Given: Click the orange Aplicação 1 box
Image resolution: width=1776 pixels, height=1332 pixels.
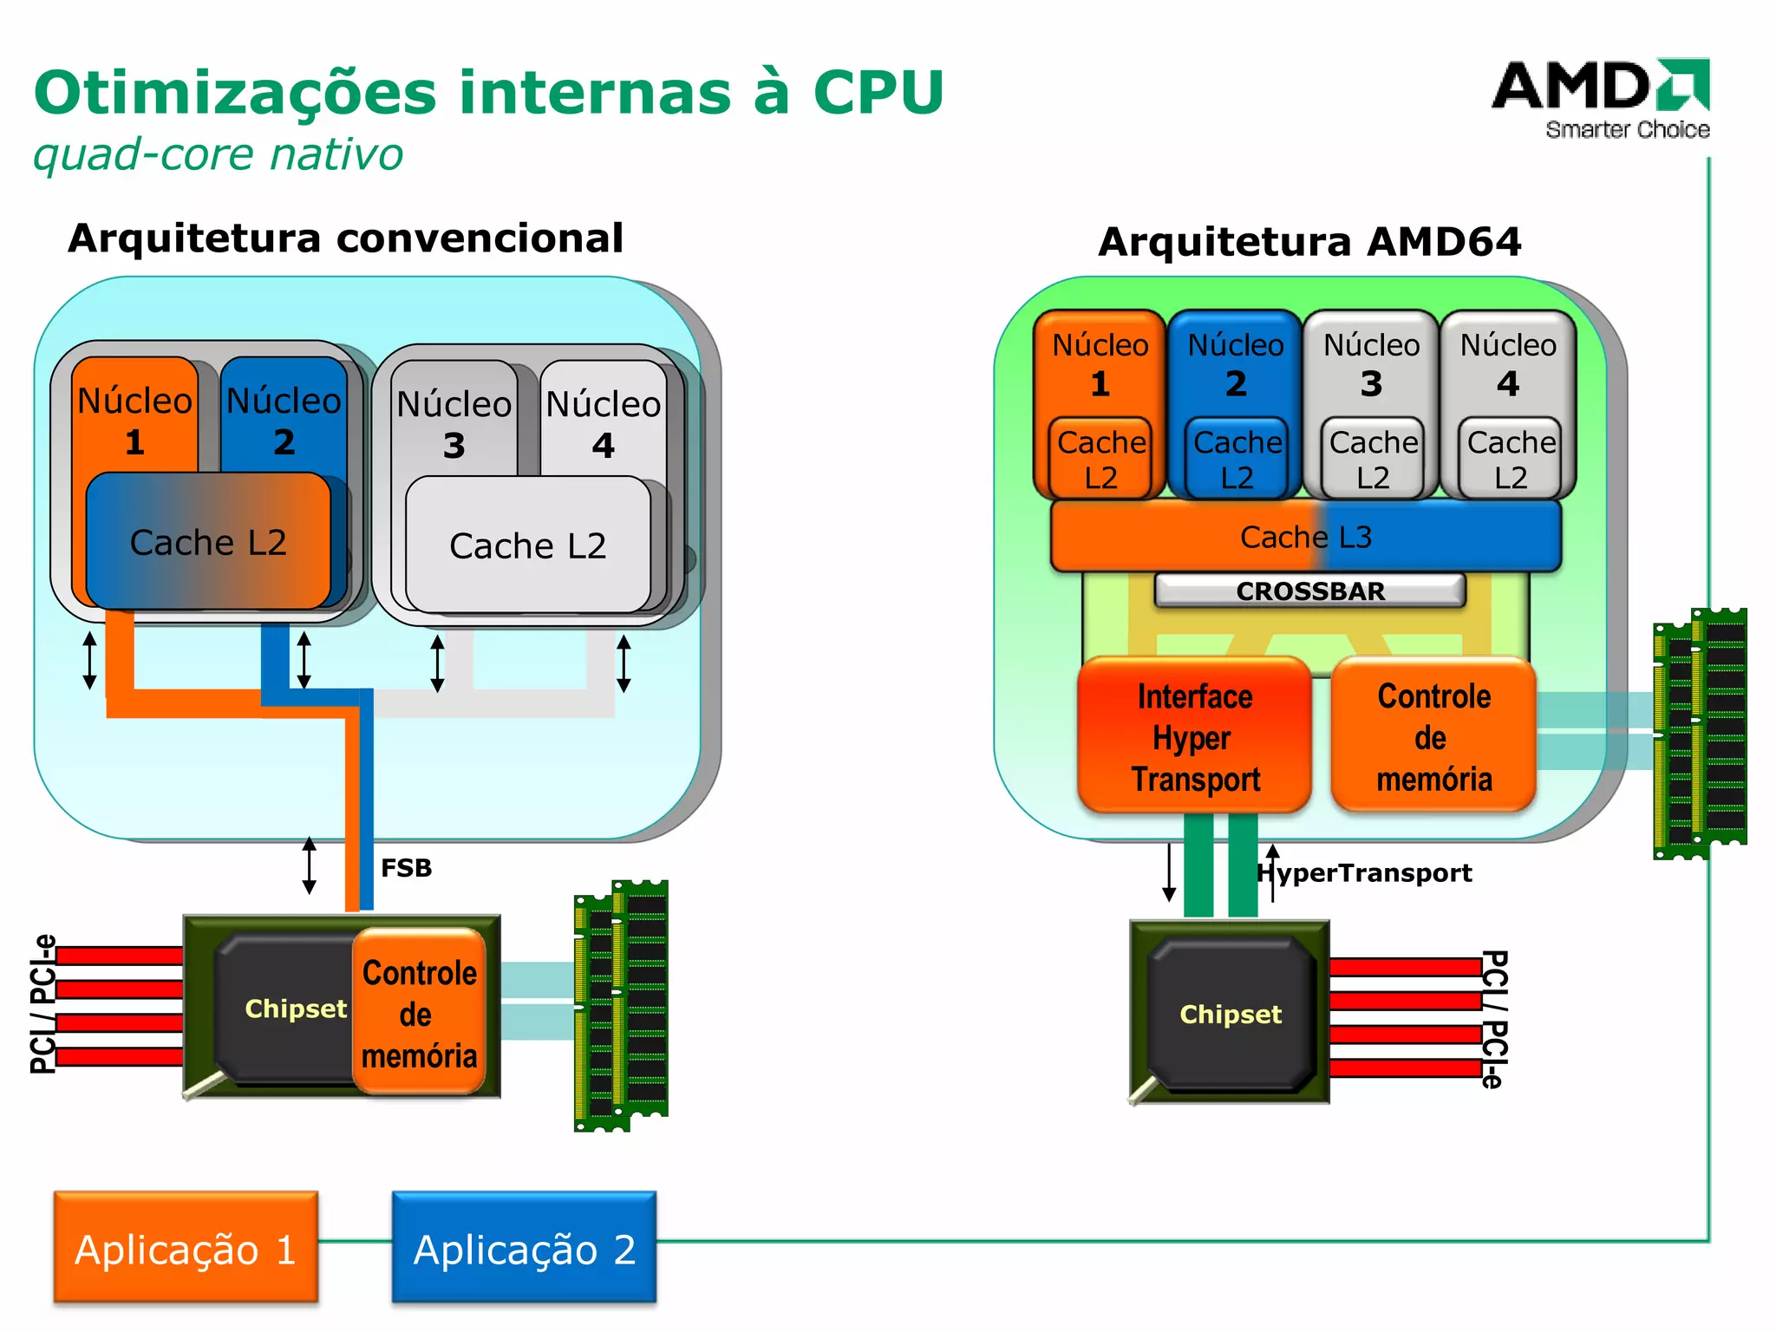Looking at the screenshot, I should [186, 1248].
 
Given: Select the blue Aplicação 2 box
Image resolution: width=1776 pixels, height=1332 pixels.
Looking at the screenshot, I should [524, 1248].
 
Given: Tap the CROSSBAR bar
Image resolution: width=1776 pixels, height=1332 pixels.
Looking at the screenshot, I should [1309, 591].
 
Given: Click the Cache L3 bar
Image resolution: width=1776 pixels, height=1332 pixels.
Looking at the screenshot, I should [1305, 537].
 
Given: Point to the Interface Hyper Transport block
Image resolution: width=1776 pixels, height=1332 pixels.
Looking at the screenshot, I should [1194, 737].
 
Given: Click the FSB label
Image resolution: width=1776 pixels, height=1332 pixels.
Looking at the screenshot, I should [406, 868].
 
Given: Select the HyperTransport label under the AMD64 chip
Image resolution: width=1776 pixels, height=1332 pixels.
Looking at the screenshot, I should [1365, 872].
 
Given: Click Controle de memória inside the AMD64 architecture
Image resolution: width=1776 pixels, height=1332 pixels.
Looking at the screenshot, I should [1433, 737].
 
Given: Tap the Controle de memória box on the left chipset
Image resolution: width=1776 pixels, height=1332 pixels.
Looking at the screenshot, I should [419, 1013].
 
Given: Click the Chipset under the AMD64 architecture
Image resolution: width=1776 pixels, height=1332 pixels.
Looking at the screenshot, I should [1230, 1013].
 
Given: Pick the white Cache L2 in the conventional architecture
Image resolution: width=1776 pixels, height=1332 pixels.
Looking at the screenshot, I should [527, 545].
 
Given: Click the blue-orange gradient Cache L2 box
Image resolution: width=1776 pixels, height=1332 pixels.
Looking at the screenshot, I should [208, 542].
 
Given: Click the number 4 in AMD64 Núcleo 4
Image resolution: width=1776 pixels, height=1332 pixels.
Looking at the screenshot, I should [1508, 383].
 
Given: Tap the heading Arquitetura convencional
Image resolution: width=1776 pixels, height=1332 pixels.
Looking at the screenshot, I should [345, 238].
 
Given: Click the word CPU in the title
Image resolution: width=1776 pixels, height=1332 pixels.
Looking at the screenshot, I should [878, 92].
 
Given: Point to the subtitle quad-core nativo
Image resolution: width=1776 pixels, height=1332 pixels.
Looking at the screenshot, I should [218, 155].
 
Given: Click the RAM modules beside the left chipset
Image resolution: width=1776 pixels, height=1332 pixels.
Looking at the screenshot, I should [621, 1006].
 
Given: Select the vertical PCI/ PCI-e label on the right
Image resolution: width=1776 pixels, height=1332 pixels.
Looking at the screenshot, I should [1493, 1019].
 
